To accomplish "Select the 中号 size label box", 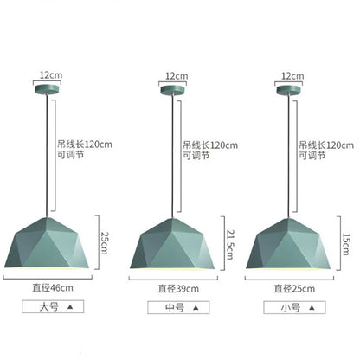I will [x=179, y=305].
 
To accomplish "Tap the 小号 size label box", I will [x=291, y=305].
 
